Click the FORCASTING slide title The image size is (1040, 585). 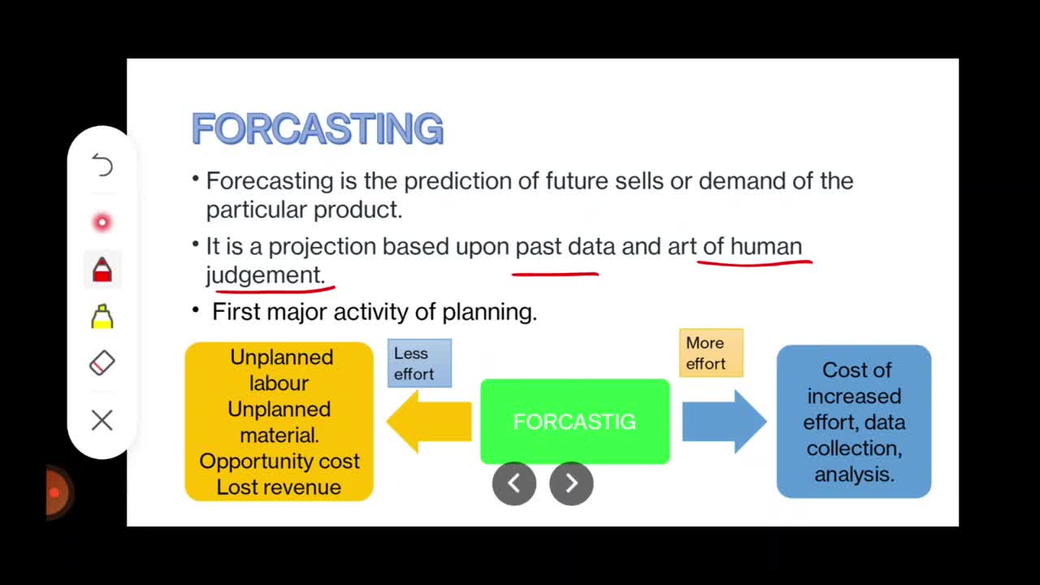point(318,128)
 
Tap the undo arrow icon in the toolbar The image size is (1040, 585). point(102,165)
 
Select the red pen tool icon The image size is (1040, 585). point(102,270)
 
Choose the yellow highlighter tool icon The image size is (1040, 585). point(102,316)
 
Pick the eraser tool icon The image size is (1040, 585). point(102,362)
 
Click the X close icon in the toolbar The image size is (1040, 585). point(102,420)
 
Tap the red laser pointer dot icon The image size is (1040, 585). point(102,223)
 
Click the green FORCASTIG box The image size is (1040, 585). point(574,421)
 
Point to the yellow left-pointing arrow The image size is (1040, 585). point(429,421)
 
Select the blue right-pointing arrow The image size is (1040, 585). point(724,421)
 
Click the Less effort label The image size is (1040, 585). point(419,363)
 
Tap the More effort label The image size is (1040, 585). point(711,353)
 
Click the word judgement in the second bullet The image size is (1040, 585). point(265,275)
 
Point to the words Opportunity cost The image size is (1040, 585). point(279,461)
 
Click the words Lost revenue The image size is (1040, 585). point(279,487)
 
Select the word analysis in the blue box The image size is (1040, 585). point(854,474)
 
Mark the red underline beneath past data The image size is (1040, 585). point(555,275)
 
